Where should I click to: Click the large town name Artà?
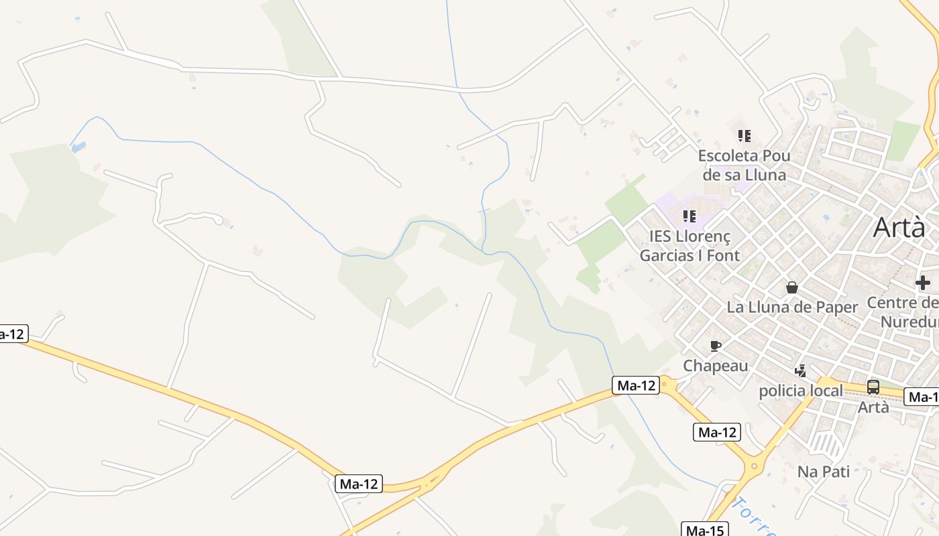click(x=898, y=228)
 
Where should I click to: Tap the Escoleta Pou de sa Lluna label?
click(x=744, y=165)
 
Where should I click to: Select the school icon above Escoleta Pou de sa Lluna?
click(x=744, y=136)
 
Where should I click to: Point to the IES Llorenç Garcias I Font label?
click(x=689, y=246)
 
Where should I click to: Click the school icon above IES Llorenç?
click(x=689, y=216)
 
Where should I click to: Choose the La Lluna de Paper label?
click(x=792, y=308)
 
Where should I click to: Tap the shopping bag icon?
click(x=792, y=287)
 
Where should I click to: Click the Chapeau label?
click(x=715, y=366)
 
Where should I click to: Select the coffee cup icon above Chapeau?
click(x=716, y=346)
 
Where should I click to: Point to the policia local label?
click(x=800, y=391)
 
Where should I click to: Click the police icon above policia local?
click(x=800, y=371)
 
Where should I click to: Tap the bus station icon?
click(x=873, y=387)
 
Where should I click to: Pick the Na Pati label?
click(x=823, y=472)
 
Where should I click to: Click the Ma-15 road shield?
click(x=704, y=531)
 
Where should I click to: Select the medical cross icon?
click(x=923, y=282)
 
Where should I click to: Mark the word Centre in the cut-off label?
click(x=895, y=303)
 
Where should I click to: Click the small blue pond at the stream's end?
click(x=78, y=146)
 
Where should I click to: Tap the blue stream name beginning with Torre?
click(x=755, y=516)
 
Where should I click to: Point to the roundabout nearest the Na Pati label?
click(x=755, y=465)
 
